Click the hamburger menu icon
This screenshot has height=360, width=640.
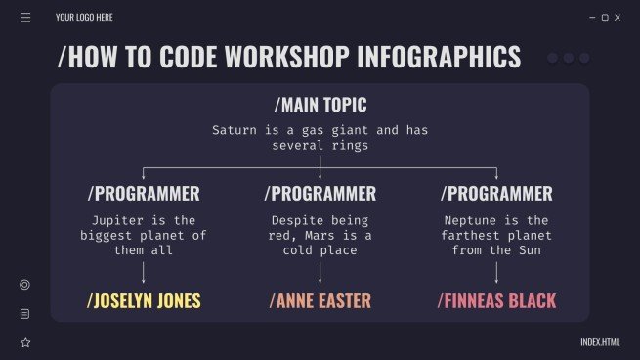click(25, 18)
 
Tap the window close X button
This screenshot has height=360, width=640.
click(619, 18)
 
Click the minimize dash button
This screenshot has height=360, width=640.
click(592, 18)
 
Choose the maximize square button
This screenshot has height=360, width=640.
click(605, 18)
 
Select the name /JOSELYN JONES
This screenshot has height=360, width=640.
click(144, 300)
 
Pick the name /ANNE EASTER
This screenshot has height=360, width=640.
click(320, 300)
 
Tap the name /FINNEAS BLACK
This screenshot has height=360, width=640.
click(496, 300)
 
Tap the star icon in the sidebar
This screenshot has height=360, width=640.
click(25, 342)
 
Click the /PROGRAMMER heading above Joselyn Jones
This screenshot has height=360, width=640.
click(144, 193)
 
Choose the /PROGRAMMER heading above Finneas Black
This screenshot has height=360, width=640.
click(496, 193)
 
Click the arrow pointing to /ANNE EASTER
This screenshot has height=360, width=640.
click(320, 272)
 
